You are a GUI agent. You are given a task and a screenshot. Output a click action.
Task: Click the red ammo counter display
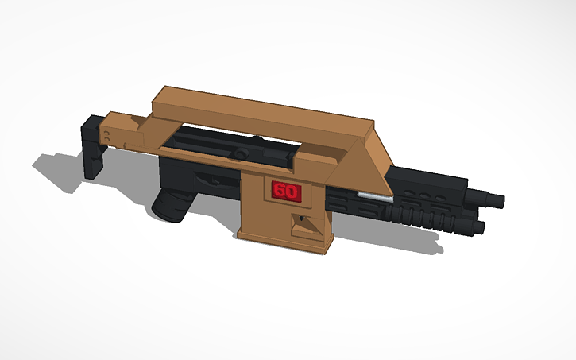(x=283, y=191)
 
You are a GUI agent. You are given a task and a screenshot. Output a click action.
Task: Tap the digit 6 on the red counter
(x=278, y=191)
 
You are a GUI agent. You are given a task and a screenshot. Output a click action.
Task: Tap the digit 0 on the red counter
(x=288, y=191)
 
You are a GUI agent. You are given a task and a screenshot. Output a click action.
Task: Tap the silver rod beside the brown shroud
(x=373, y=195)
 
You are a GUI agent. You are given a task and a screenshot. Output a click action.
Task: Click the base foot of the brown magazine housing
(x=282, y=242)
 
